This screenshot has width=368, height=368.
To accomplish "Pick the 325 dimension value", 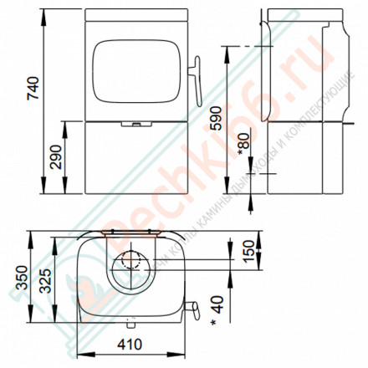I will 54,282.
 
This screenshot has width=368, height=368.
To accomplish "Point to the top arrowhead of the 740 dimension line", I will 43,13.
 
